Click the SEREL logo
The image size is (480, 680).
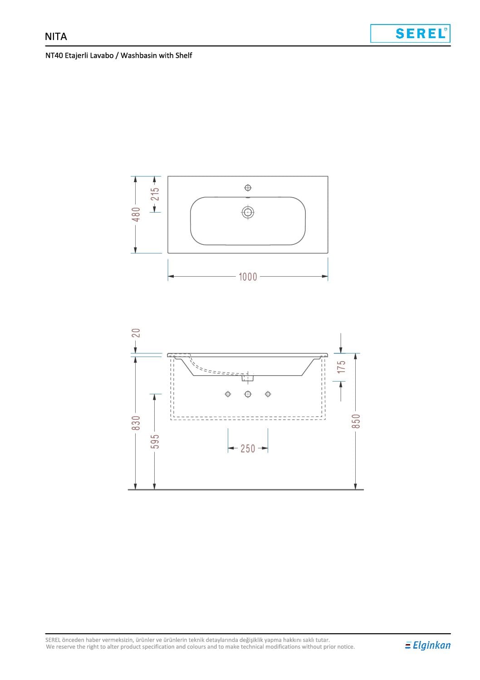[x=410, y=34]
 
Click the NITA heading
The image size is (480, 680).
[x=56, y=37]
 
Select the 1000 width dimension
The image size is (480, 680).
[x=248, y=277]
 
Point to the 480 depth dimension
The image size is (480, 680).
[x=136, y=214]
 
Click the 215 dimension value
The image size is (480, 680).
[x=155, y=194]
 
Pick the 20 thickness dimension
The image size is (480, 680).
[x=136, y=333]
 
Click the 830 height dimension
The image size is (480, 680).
[x=136, y=423]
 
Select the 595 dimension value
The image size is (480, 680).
[x=155, y=442]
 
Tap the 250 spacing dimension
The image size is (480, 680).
[x=248, y=448]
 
